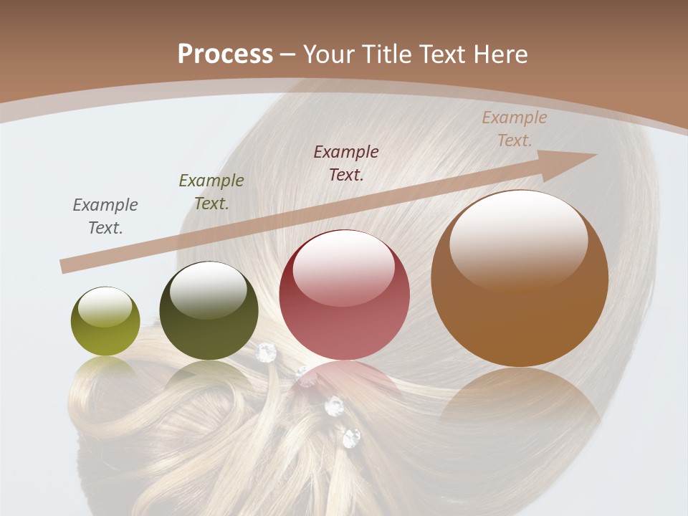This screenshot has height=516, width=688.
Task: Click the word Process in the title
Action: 225,54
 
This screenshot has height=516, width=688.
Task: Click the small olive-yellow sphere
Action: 105,321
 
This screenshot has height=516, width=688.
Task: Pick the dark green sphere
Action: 209,311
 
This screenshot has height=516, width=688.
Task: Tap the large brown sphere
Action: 520,279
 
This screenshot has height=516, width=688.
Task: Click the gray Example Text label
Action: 105,216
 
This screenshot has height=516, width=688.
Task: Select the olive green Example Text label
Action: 211,191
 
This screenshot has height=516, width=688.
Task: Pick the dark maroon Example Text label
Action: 346,163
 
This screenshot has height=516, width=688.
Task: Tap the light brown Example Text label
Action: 514,129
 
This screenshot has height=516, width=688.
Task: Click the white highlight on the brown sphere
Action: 519,240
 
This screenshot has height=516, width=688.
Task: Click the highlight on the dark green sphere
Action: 208,290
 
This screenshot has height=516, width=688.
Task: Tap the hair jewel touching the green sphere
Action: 266,351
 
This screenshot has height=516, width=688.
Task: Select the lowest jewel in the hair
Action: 351,437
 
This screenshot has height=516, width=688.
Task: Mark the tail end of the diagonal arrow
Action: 64,267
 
